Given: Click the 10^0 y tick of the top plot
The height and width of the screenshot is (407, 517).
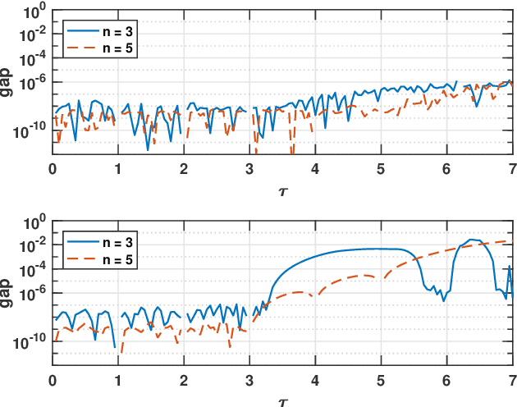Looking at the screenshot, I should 35,11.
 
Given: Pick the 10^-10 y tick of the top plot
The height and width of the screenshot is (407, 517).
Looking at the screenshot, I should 31,129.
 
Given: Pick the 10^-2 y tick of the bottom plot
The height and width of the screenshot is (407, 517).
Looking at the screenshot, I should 34,247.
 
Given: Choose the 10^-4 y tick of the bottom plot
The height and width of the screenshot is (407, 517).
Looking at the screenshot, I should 34,271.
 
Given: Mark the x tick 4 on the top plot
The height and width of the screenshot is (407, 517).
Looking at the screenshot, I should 315,170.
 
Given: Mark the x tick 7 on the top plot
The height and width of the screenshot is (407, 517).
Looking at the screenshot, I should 511,170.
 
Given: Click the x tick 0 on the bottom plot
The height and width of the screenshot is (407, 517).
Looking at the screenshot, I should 53,381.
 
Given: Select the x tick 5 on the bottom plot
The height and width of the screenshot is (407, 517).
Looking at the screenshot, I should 380,381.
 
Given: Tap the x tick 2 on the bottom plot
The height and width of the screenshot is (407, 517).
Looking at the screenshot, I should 184,381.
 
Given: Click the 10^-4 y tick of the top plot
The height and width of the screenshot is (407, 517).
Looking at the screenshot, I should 34,58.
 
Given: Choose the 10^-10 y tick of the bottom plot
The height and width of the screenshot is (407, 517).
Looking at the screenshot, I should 31,341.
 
